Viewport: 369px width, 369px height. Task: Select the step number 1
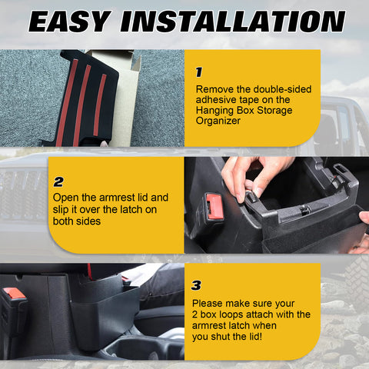coord(198,73)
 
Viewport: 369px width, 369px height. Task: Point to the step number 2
coord(58,182)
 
